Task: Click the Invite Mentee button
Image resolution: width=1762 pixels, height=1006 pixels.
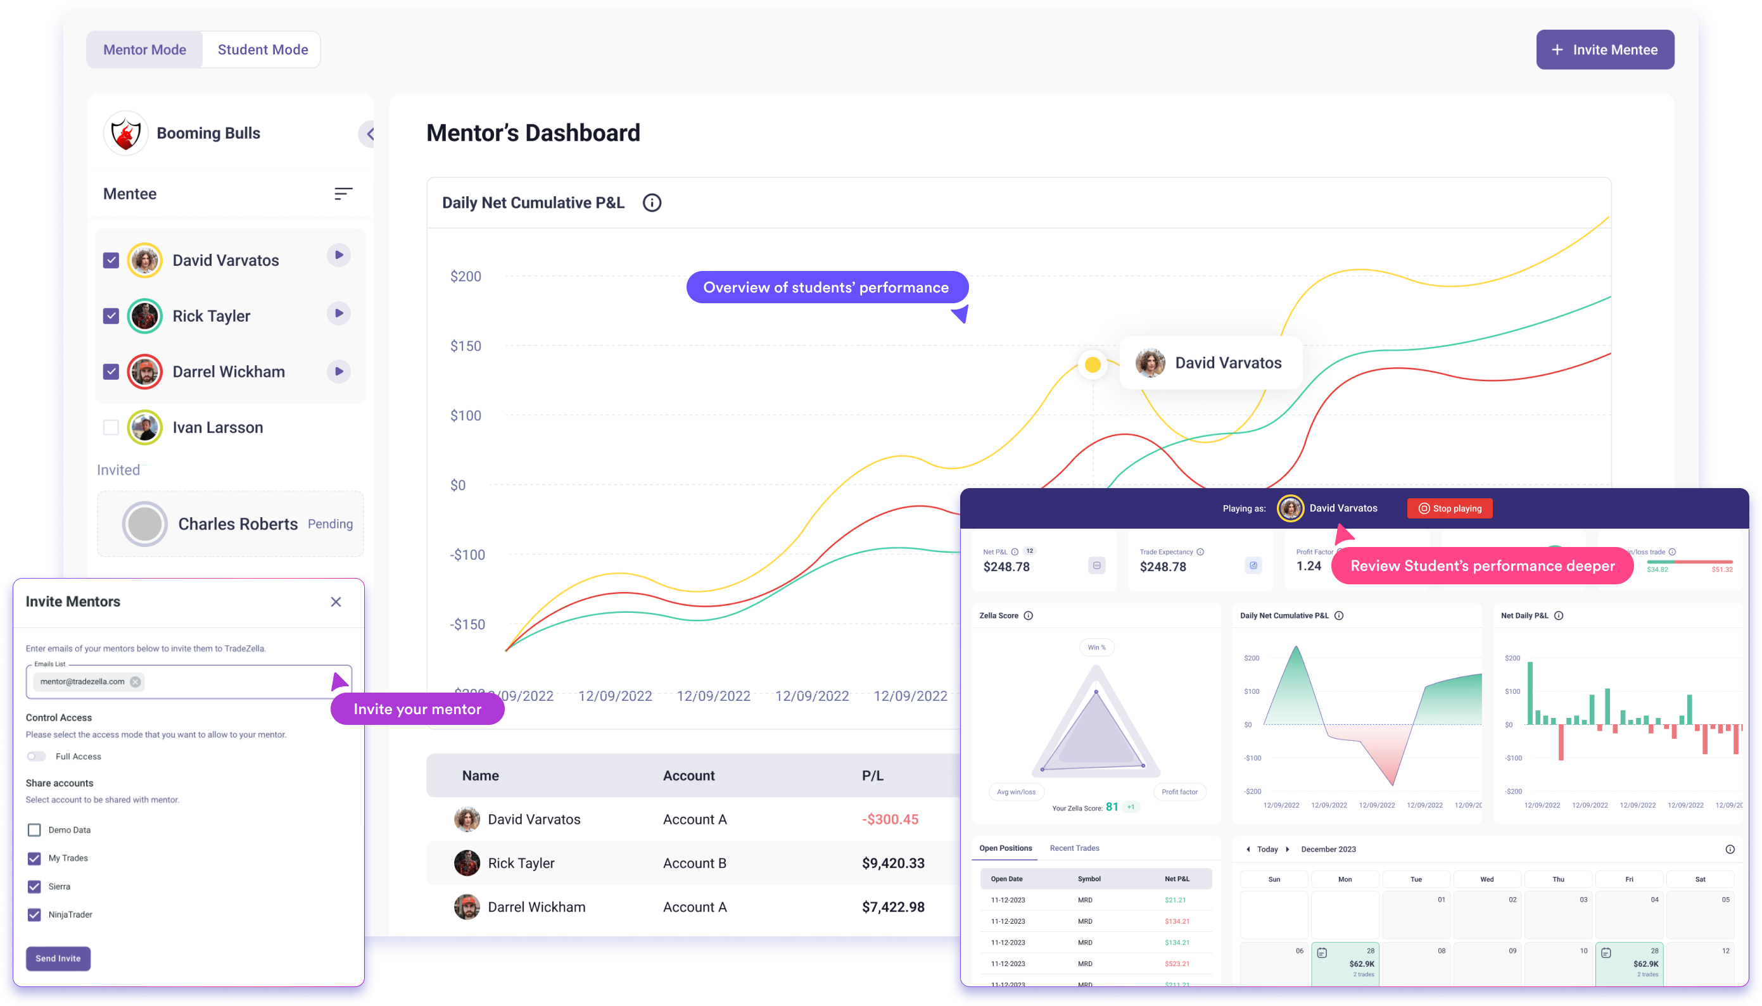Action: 1604,50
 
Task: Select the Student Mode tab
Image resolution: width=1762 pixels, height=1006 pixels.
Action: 263,50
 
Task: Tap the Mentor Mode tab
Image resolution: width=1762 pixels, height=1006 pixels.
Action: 144,50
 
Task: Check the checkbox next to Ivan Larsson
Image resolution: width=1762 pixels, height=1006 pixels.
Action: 111,428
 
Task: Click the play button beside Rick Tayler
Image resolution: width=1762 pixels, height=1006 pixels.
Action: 339,313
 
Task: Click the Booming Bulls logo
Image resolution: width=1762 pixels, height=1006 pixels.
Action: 126,134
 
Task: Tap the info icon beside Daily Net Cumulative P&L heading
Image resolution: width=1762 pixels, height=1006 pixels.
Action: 652,203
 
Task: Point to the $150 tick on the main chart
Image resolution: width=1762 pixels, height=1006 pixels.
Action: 466,346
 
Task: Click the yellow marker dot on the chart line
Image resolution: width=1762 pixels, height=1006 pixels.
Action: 1093,364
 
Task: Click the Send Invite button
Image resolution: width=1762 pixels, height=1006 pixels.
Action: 58,959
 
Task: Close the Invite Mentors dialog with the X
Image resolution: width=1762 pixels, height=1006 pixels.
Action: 336,602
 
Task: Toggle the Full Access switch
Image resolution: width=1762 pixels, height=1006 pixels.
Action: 36,757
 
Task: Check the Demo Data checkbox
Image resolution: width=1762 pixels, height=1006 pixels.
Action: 34,830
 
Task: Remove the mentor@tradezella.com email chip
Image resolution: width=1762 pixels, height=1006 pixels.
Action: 136,682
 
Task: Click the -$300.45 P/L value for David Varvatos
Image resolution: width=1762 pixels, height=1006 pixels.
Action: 890,819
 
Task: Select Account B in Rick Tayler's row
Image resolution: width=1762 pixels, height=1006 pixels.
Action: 694,863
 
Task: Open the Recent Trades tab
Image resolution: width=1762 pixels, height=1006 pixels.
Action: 1074,848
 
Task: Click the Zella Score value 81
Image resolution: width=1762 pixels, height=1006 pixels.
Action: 1112,807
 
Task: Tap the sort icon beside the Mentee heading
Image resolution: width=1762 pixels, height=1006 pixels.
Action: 343,194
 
